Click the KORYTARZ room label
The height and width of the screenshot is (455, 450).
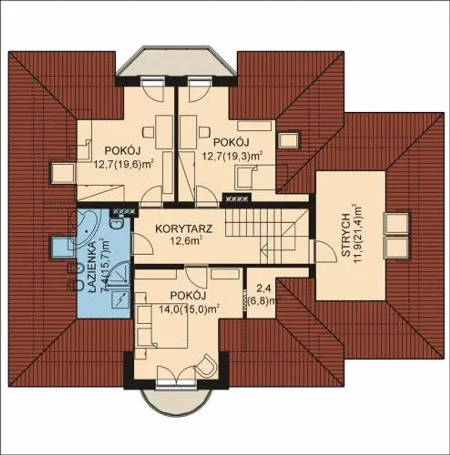coord(184,229)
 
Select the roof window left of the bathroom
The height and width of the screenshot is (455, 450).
coord(63,249)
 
